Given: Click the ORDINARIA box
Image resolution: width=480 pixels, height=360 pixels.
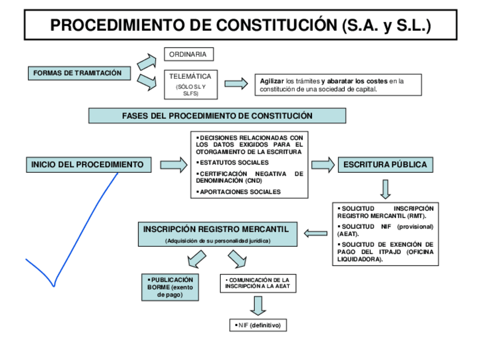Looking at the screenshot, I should (x=188, y=54).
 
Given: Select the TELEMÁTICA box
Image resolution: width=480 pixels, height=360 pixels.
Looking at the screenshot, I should (x=190, y=83).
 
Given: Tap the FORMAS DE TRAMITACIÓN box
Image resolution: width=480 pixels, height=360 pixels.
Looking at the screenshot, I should (x=78, y=74).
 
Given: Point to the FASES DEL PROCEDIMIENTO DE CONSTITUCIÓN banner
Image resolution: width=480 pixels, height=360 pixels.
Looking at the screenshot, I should (x=217, y=115).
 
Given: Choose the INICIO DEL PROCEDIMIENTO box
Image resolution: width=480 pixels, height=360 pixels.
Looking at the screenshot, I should (x=88, y=165).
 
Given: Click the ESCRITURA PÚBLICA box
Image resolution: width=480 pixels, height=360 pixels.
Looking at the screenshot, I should (x=386, y=165).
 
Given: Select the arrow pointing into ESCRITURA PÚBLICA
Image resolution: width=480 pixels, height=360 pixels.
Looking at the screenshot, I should (x=323, y=165).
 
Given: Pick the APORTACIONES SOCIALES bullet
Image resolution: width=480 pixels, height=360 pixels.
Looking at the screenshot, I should (x=239, y=192).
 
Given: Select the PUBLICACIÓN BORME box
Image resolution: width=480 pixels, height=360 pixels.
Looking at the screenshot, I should (x=169, y=287).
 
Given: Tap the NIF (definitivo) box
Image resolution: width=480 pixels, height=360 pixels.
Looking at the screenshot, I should (x=258, y=325).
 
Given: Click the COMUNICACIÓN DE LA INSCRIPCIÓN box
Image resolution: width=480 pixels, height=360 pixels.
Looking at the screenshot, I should (x=258, y=284).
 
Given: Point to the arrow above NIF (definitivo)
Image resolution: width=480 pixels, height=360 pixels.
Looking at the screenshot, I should (x=258, y=305).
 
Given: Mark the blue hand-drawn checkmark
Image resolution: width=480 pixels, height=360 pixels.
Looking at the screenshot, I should (x=74, y=232).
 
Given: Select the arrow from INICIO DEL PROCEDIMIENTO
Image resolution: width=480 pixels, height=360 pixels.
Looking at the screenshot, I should (x=173, y=165).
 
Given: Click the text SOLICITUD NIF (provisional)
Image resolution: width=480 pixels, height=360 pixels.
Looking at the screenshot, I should (x=385, y=229).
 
